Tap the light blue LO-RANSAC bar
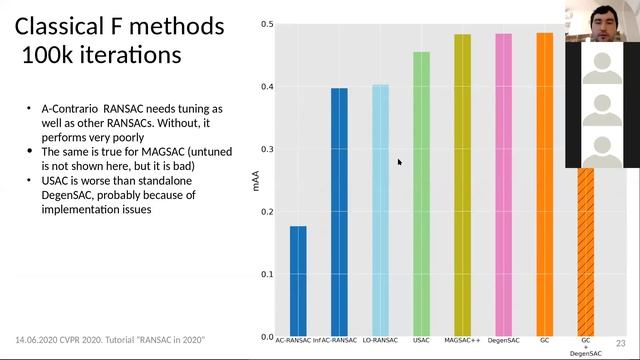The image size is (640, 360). [380, 210]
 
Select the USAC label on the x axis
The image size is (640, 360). [421, 342]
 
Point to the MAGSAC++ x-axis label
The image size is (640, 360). [462, 342]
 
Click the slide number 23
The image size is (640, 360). [619, 341]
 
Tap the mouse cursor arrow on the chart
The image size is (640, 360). [400, 161]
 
